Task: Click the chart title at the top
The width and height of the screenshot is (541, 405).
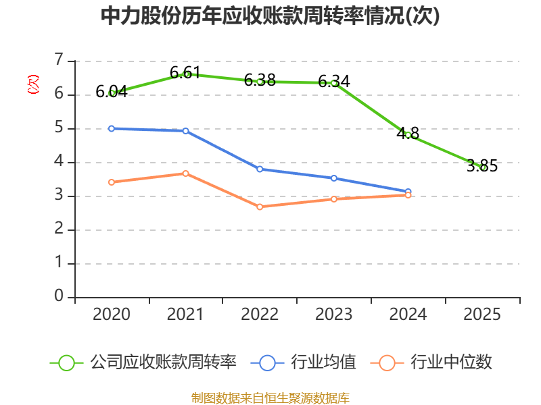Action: [x=270, y=16]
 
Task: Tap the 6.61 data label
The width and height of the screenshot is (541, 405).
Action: [x=185, y=73]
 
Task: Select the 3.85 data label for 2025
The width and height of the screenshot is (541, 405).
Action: [x=482, y=165]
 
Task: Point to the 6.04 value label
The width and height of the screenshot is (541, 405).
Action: [x=112, y=92]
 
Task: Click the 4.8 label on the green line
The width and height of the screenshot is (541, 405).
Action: [x=408, y=133]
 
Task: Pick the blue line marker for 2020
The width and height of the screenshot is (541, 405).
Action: [x=112, y=128]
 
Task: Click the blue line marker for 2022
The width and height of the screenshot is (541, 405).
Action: [x=260, y=169]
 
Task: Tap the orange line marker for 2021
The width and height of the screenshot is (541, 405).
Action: [x=185, y=173]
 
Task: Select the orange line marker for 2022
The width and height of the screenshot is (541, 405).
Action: [x=260, y=207]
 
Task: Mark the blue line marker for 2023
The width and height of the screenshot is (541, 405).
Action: [x=334, y=178]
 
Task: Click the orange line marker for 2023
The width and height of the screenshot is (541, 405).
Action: [x=334, y=199]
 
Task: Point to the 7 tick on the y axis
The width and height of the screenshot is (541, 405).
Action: [x=59, y=59]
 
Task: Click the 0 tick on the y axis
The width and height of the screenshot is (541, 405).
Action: [x=59, y=296]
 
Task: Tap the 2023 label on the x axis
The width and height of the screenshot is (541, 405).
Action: [x=334, y=314]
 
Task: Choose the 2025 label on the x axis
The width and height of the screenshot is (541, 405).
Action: [x=482, y=314]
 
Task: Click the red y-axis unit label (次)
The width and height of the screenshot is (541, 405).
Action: [x=33, y=84]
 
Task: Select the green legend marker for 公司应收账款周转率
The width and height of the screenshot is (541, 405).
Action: [x=66, y=363]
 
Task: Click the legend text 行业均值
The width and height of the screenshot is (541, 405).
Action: [x=323, y=362]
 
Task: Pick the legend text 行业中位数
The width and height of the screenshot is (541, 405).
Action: [x=451, y=362]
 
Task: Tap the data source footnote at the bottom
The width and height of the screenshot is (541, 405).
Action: [x=270, y=398]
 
